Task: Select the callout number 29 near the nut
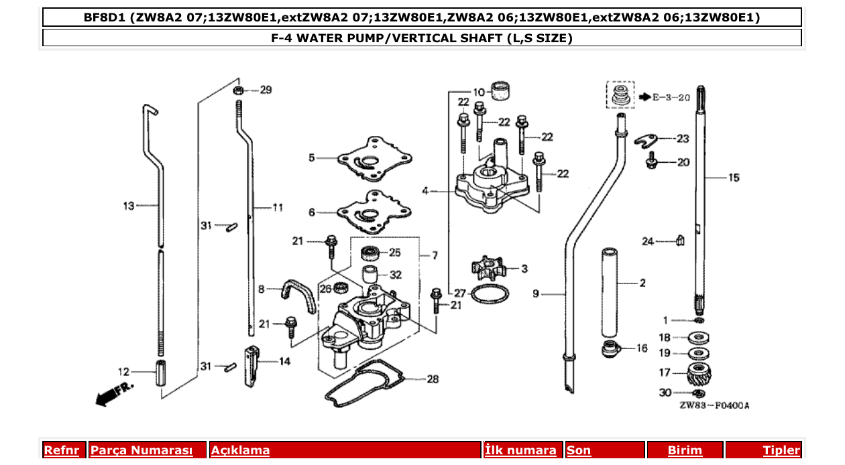point(266,90)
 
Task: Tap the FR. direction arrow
point(115,393)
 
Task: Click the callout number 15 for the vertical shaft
point(734,178)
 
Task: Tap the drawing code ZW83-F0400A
point(714,405)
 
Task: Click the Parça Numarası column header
point(142,450)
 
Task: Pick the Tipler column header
point(781,450)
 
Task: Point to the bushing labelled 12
point(161,373)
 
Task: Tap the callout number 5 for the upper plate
point(312,158)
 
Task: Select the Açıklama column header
point(240,450)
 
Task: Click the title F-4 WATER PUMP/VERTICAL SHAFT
point(422,38)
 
